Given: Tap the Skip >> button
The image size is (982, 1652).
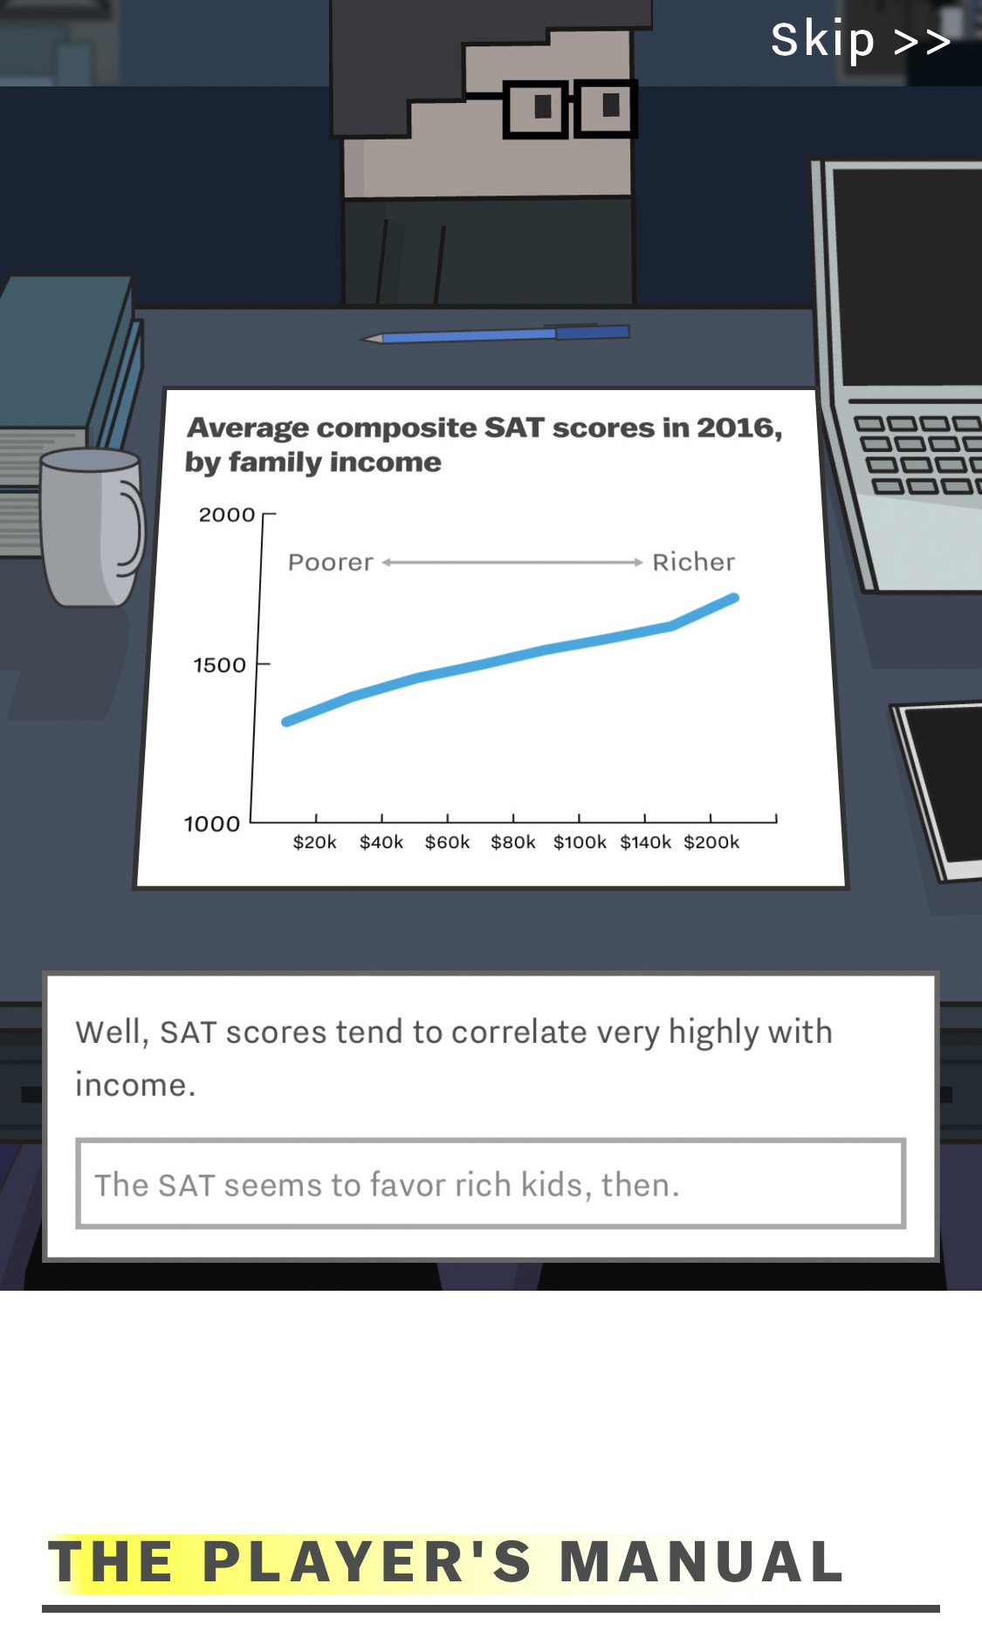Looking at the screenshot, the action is point(861,40).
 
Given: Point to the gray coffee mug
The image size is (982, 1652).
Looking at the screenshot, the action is point(92,527).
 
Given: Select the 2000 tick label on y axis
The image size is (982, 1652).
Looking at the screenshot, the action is point(227,515).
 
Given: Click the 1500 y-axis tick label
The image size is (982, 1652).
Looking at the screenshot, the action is point(220,665).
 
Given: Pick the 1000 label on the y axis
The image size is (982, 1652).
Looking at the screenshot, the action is point(211,824).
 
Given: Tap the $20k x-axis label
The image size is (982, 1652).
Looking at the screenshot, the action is point(315,842).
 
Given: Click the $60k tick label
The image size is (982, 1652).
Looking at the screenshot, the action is point(448,842).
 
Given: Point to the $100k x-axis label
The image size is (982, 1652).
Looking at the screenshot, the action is point(580,842).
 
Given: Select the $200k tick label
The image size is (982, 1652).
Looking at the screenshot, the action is point(711,842).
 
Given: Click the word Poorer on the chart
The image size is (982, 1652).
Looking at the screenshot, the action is point(331,562).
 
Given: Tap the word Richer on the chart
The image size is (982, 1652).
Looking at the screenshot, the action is point(694,562).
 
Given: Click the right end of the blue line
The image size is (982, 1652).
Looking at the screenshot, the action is point(735,599).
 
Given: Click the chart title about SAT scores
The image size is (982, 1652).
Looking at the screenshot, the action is point(484,444).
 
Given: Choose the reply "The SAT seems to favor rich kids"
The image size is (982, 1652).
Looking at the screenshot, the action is point(491,1183).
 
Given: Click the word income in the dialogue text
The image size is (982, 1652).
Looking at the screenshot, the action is point(135,1085).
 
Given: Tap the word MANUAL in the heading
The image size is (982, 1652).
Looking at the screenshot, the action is point(702,1561).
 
